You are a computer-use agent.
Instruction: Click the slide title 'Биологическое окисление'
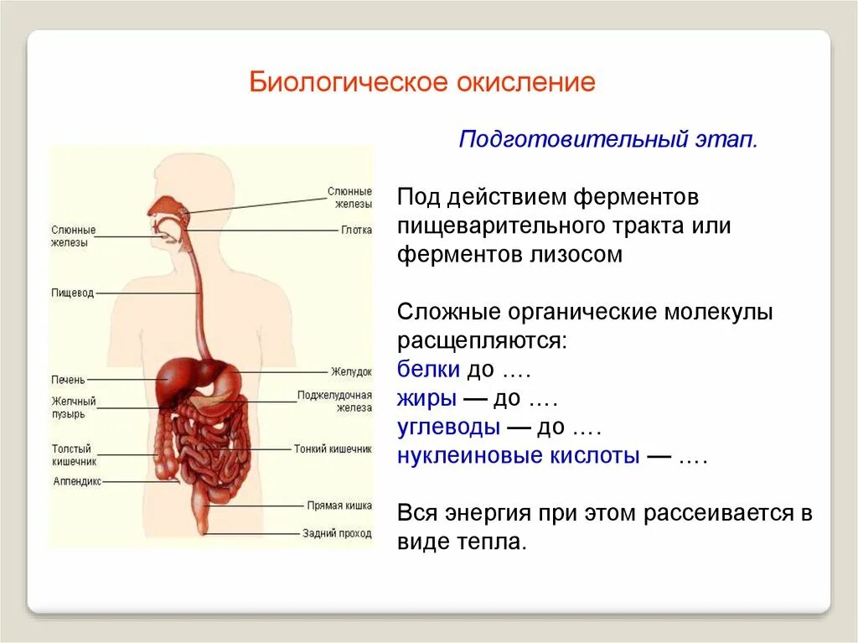click(x=423, y=83)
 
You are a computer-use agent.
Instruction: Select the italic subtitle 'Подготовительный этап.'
click(x=608, y=138)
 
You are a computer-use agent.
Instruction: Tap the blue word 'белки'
click(x=428, y=370)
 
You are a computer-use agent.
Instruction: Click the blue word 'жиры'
click(x=426, y=398)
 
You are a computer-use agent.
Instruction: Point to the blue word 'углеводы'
click(x=448, y=428)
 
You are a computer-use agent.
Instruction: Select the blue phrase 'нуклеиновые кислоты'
click(x=519, y=456)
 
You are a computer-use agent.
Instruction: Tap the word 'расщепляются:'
click(x=482, y=341)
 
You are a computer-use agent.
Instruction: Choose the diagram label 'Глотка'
click(x=356, y=230)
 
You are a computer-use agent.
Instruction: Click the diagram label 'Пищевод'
click(x=72, y=293)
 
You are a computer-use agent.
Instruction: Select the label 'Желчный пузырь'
click(x=74, y=407)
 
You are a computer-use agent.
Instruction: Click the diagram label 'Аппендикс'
click(x=76, y=482)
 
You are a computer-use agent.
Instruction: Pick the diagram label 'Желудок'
click(x=351, y=371)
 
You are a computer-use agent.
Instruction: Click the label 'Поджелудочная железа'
click(x=334, y=401)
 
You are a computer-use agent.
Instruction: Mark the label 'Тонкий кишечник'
click(x=332, y=449)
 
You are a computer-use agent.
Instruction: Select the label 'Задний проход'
click(x=337, y=533)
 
